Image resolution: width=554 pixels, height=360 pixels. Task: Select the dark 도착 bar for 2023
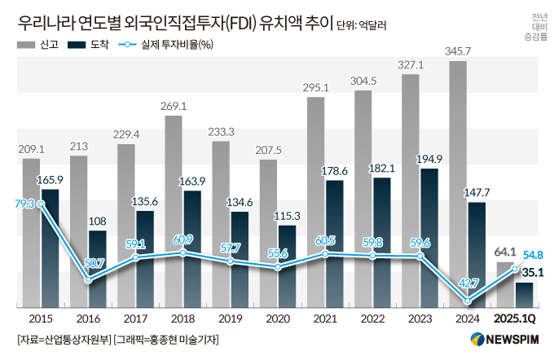tap(430, 236)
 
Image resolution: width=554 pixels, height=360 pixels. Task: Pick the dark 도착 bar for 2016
tap(98, 269)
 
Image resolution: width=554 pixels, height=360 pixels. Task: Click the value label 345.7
tap(459, 51)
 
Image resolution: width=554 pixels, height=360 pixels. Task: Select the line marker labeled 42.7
tap(468, 301)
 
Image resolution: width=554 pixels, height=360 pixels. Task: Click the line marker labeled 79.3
tap(40, 204)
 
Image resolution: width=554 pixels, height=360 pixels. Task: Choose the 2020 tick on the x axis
tap(279, 318)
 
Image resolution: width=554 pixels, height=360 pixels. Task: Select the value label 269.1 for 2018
tap(174, 106)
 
